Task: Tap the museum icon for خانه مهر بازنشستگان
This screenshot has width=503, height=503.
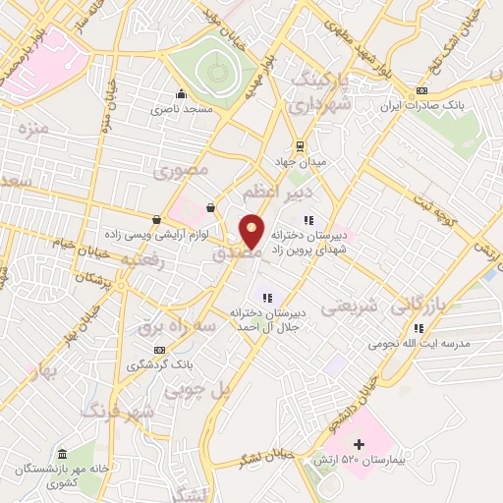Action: [x=63, y=454]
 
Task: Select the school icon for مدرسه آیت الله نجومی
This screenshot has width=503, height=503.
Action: [x=419, y=329]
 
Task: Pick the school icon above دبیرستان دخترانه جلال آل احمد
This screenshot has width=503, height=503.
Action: [x=265, y=297]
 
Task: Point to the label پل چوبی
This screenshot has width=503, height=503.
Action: [x=206, y=390]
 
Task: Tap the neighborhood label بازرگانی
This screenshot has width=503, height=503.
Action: [x=419, y=305]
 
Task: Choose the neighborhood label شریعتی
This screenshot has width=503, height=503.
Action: [x=352, y=306]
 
